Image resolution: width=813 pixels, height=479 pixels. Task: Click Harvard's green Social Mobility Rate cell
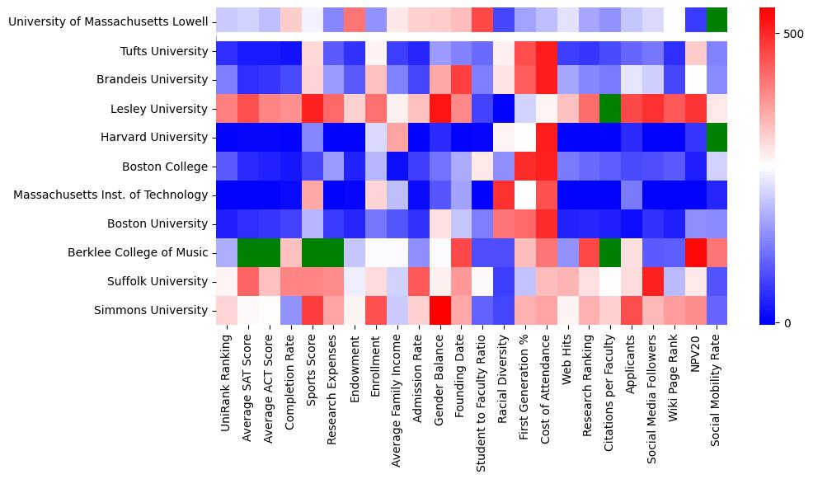[717, 138]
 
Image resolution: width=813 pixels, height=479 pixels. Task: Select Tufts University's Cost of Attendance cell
[547, 51]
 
